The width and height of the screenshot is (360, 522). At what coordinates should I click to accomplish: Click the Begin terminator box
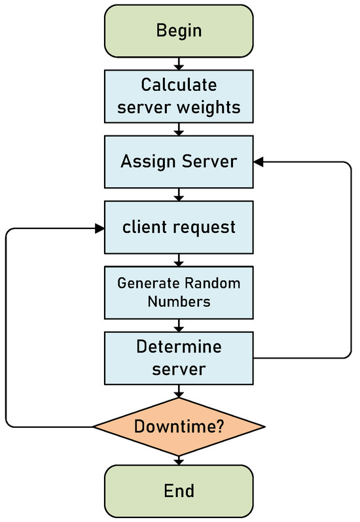pos(178,30)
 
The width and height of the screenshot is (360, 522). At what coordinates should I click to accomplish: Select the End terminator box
pos(178,490)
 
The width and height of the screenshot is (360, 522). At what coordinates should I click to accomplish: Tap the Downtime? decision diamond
pos(178,427)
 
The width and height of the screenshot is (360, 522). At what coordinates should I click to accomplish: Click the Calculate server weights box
pos(178,97)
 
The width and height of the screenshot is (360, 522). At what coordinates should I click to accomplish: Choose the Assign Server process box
pos(178,162)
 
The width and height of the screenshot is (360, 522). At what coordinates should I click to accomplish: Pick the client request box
pos(178,228)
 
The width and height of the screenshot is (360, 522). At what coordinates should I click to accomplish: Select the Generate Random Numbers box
pos(178,292)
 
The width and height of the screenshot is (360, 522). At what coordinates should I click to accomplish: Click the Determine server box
pos(178,357)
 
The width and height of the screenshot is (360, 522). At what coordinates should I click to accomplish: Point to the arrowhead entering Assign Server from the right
pos(258,162)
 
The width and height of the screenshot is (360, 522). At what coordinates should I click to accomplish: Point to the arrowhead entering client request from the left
pos(100,228)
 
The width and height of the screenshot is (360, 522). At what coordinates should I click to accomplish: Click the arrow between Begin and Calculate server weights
pos(178,63)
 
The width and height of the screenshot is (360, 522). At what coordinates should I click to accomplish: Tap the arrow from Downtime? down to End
pos(178,461)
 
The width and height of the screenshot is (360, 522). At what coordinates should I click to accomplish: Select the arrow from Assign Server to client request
pos(178,194)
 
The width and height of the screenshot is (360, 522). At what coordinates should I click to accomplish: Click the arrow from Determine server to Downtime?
pos(178,391)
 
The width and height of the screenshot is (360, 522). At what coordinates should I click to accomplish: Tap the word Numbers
pos(178,302)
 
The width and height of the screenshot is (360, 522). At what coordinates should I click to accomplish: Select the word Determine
pos(178,346)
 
